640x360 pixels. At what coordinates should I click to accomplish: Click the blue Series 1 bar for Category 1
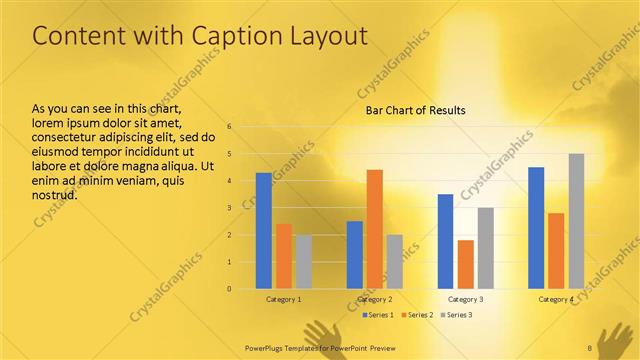[x=263, y=231]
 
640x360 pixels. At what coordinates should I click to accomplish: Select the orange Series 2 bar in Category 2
[x=374, y=229]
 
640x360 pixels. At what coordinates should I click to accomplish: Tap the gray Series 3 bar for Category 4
[x=576, y=221]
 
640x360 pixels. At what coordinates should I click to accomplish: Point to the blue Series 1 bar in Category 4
[x=536, y=228]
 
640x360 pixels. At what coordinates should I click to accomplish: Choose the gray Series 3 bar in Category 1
[x=303, y=262]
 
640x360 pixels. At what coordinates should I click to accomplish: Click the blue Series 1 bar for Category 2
[x=354, y=255]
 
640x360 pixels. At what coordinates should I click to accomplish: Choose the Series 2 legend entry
[x=417, y=315]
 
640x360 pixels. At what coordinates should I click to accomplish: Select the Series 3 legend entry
[x=456, y=315]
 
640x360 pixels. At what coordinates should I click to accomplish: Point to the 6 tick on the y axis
[x=229, y=127]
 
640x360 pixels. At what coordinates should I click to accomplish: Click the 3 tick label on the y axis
[x=229, y=208]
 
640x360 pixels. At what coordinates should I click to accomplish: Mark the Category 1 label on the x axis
[x=283, y=299]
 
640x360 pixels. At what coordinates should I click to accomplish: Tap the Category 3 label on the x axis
[x=465, y=299]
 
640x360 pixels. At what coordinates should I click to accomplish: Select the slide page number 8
[x=590, y=347]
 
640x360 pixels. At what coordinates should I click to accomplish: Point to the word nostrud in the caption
[x=55, y=194]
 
